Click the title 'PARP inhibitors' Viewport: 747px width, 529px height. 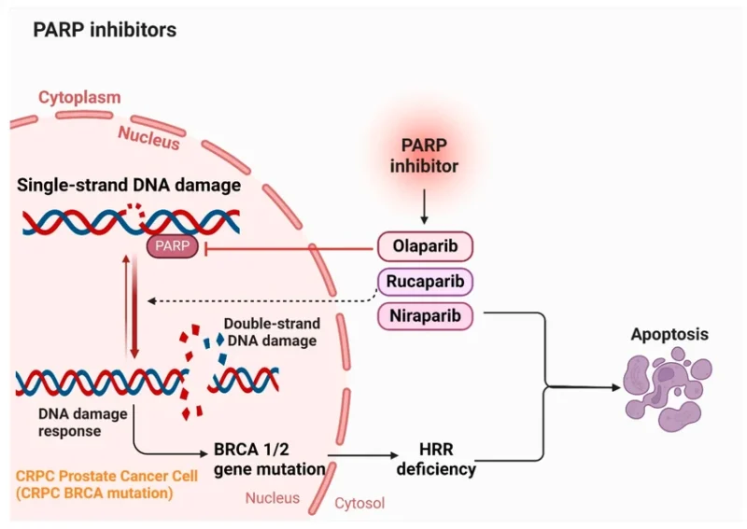tap(105, 30)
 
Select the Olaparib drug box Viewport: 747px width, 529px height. tap(425, 247)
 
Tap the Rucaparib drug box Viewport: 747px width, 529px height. tap(425, 282)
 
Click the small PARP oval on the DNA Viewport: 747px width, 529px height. tap(170, 247)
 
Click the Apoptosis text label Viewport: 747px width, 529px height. tap(669, 333)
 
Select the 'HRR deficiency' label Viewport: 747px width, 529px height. tap(435, 459)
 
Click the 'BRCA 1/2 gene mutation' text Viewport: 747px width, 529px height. tap(269, 459)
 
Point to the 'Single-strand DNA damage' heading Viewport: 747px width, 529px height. tap(129, 186)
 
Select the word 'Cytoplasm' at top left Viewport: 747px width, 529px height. tap(79, 97)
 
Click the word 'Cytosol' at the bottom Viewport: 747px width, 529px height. tap(359, 503)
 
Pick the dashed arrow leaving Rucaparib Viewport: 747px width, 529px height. tap(261, 300)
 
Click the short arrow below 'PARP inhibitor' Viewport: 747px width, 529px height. tap(425, 203)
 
